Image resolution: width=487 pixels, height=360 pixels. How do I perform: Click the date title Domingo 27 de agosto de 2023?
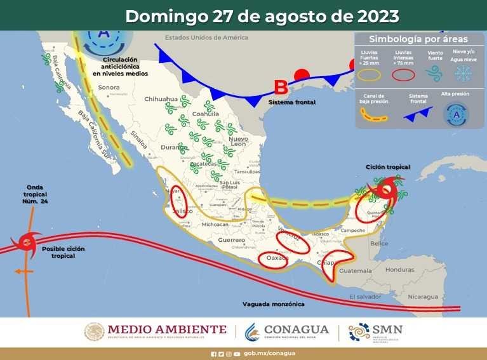pyautogui.click(x=262, y=16)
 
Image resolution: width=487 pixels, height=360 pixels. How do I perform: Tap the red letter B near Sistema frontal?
pyautogui.click(x=280, y=88)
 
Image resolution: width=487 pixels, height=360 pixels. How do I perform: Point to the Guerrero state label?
pyautogui.click(x=231, y=240)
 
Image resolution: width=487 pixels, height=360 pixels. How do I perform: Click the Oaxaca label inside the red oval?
pyautogui.click(x=277, y=259)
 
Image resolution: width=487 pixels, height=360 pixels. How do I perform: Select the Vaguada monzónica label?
pyautogui.click(x=273, y=304)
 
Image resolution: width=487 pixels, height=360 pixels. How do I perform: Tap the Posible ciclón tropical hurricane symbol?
pyautogui.click(x=27, y=241)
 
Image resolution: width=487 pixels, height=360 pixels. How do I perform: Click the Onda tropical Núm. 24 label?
pyautogui.click(x=36, y=194)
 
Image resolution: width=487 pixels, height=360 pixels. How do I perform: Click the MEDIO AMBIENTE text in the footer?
pyautogui.click(x=167, y=330)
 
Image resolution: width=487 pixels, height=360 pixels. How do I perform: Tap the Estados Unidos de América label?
pyautogui.click(x=206, y=37)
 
